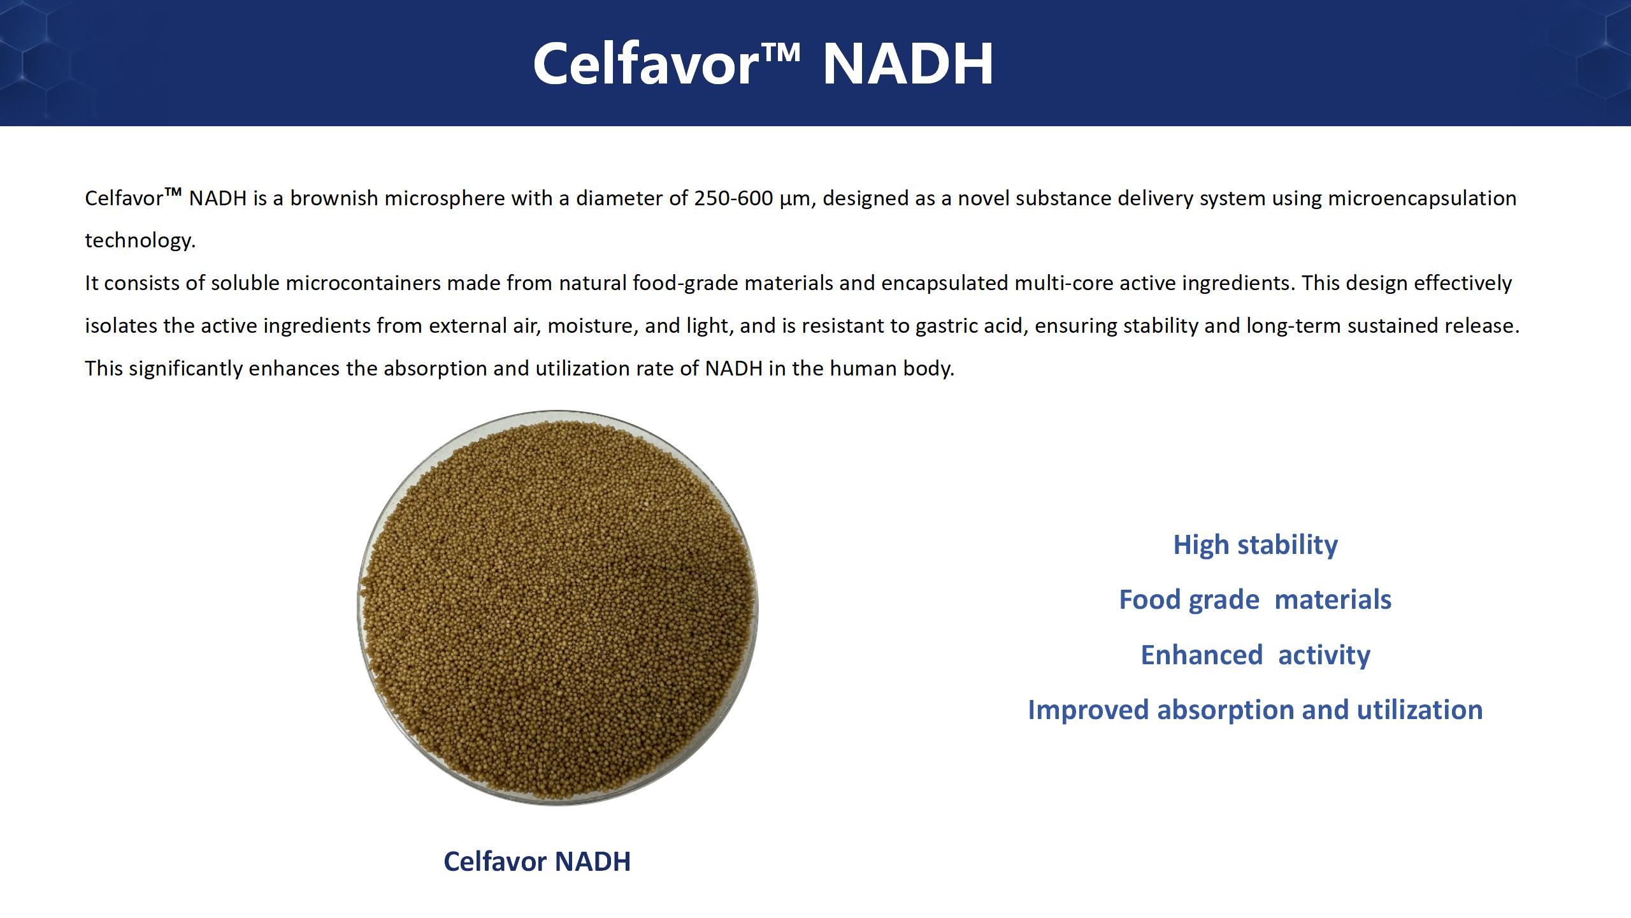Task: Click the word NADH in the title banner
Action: (x=908, y=64)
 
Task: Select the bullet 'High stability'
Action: (x=1255, y=545)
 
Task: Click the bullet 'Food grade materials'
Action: (x=1255, y=600)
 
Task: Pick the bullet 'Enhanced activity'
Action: (x=1255, y=655)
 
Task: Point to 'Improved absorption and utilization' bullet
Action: (x=1255, y=710)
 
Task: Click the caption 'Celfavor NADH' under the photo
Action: (x=537, y=861)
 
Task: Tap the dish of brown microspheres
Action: (x=557, y=608)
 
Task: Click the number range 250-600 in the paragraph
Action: (x=733, y=198)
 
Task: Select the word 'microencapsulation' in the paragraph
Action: (x=1422, y=199)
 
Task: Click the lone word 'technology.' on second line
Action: (x=140, y=241)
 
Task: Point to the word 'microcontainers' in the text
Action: (x=363, y=283)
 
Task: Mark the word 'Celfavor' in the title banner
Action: (x=644, y=64)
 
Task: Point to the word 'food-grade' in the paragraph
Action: (x=686, y=284)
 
